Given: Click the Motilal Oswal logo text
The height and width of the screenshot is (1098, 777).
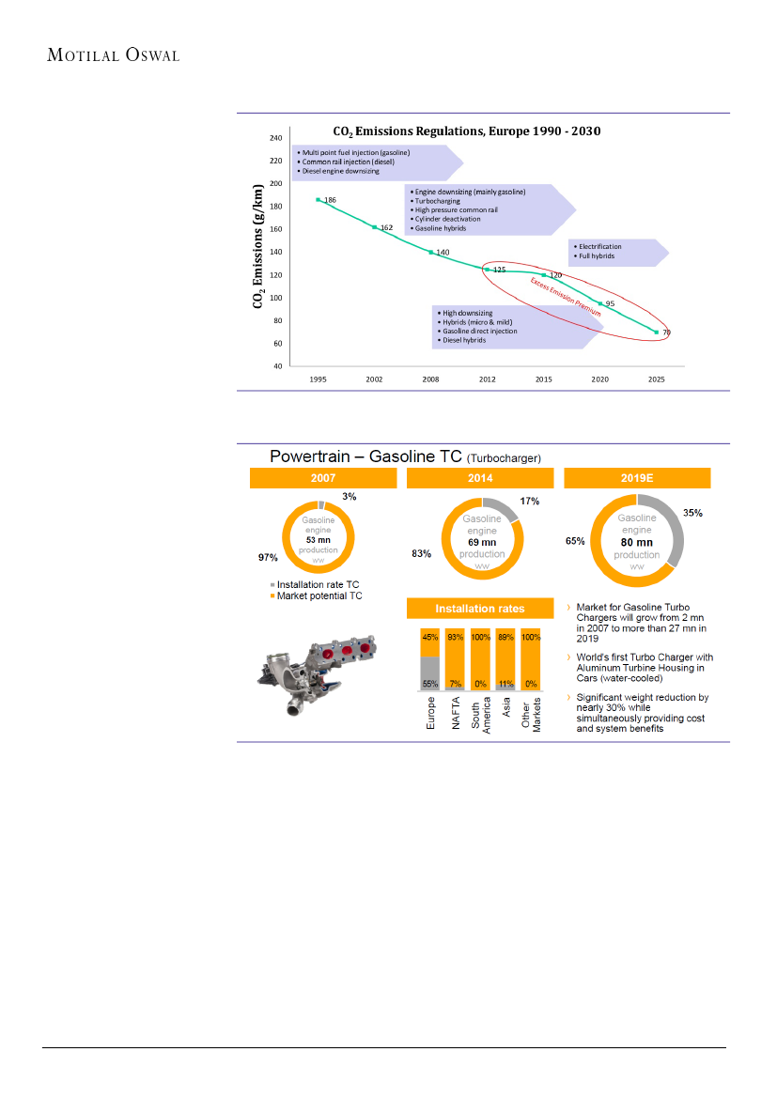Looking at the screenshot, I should coord(113,54).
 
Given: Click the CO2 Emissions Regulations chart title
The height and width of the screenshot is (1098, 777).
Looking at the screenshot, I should coord(467,131).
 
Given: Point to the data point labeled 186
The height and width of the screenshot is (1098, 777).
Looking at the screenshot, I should coord(319,199).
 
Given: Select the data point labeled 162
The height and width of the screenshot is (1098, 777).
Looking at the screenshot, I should coord(375,227).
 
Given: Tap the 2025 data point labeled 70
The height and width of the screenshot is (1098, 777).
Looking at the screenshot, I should coord(657,332).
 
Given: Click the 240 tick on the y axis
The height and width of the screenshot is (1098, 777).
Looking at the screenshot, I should coord(275,138).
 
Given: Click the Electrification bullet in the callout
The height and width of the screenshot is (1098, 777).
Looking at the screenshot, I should coord(600,246).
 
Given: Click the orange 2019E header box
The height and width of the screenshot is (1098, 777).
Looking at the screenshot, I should coord(636,478).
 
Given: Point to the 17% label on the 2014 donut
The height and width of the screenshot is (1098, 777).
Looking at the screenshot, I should coord(530,502).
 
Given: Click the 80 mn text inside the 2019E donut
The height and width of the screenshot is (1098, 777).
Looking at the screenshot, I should coord(637,543).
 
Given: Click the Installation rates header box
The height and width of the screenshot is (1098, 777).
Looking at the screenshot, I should coord(479,608).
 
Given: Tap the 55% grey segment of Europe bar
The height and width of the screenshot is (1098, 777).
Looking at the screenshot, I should coord(430,673).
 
